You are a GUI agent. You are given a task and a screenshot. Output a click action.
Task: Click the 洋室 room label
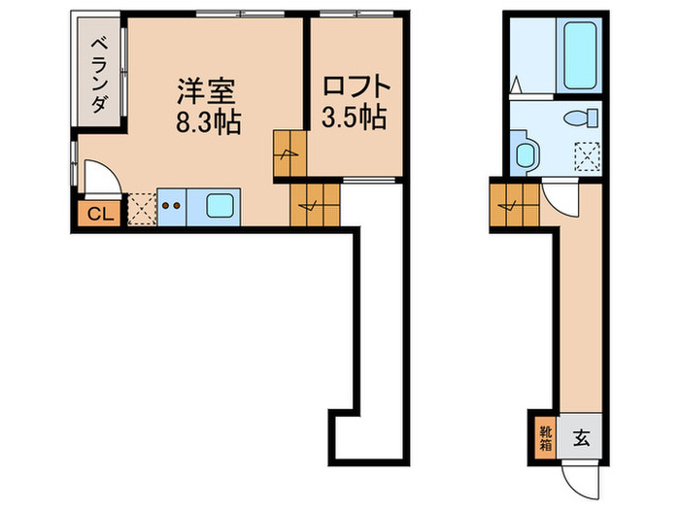pyautogui.click(x=206, y=91)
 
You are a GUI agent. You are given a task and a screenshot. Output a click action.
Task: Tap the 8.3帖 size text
pyautogui.click(x=208, y=121)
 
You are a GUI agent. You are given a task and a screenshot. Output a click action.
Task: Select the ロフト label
pyautogui.click(x=357, y=85)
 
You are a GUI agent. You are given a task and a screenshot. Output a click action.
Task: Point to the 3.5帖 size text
pyautogui.click(x=354, y=117)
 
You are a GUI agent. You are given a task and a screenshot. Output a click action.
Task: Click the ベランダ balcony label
pyautogui.click(x=100, y=75)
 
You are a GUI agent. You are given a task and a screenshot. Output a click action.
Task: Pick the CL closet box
pyautogui.click(x=100, y=214)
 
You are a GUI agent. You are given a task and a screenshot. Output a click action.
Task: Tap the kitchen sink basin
pyautogui.click(x=220, y=206)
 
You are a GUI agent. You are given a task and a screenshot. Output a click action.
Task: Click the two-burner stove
pyautogui.click(x=171, y=207)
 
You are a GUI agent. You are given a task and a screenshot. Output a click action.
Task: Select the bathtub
pyautogui.click(x=579, y=54)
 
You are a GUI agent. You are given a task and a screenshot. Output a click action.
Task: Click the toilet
pyautogui.click(x=581, y=118)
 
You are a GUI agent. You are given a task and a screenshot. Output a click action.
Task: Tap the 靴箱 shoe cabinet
pyautogui.click(x=546, y=438)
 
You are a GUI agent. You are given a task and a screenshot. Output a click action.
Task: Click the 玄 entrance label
pyautogui.click(x=582, y=439)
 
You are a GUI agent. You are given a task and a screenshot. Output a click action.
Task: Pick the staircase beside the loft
pyautogui.click(x=290, y=153)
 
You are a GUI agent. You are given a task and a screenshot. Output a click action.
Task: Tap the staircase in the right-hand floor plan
pyautogui.click(x=515, y=205)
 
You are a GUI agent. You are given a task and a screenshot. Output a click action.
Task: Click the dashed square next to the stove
pyautogui.click(x=143, y=209)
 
